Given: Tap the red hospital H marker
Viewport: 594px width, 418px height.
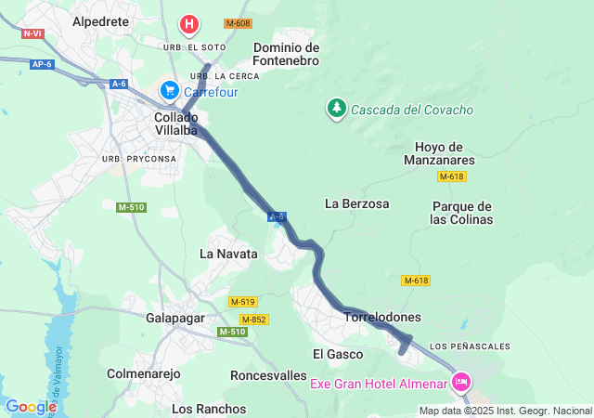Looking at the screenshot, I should click(189, 23).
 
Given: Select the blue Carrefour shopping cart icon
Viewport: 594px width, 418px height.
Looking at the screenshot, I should click(169, 90).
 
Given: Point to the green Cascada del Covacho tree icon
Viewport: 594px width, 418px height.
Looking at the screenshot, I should click(335, 109).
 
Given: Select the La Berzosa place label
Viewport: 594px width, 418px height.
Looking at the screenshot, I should click(356, 202).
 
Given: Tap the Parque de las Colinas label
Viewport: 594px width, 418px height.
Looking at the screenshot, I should click(461, 213).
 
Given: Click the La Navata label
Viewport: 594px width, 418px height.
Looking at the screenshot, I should click(228, 253).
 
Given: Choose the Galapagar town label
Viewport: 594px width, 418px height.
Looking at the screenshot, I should click(174, 318).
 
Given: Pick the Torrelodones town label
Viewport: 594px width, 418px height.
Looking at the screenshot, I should click(382, 317).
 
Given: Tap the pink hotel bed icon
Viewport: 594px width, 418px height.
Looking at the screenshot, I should click(461, 381).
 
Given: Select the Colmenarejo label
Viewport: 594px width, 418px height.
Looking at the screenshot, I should click(143, 374).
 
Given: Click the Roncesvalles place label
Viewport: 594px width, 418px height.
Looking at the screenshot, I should click(267, 375).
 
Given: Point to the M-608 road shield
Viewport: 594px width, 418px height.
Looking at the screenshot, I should click(238, 22).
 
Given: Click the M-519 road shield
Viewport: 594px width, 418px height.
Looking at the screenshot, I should click(242, 302).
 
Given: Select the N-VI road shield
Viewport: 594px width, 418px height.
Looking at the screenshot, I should click(32, 33).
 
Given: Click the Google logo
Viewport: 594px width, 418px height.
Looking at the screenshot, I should click(31, 406).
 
